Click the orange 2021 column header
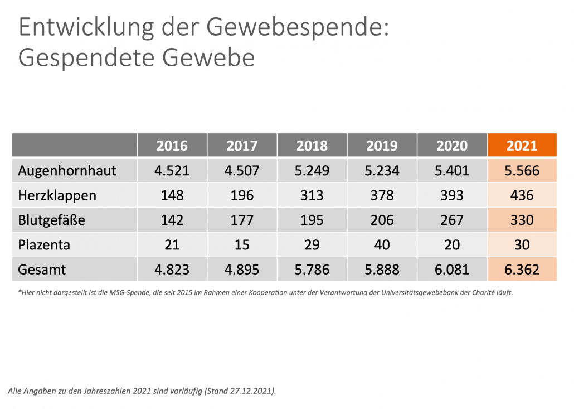[x=522, y=146]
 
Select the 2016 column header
[x=172, y=146]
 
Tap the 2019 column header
[x=382, y=146]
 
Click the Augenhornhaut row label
[x=67, y=171]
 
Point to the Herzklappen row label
[x=57, y=195]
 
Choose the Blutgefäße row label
[x=51, y=220]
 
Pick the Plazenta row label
[x=44, y=244]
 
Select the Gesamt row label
[x=42, y=270]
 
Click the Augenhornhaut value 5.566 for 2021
[x=522, y=171]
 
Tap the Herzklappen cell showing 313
[x=312, y=195]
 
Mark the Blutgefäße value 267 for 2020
[x=451, y=220]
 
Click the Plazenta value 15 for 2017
[x=242, y=244]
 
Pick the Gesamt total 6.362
[x=522, y=270]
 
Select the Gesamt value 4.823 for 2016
[x=172, y=270]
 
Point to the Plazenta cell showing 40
[x=382, y=244]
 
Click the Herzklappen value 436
[x=522, y=195]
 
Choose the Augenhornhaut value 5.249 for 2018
[x=312, y=171]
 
